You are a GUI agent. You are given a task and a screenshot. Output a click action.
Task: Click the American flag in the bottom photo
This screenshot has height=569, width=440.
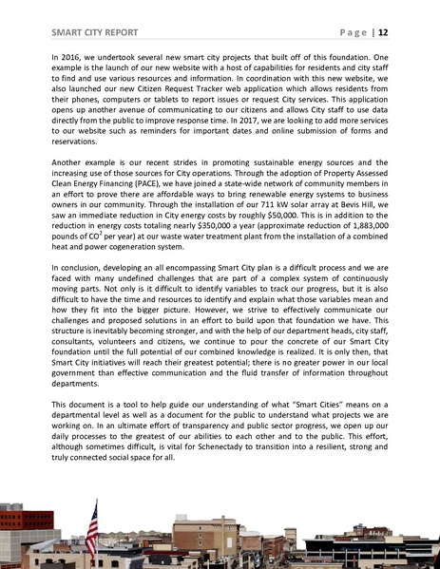point(91,524)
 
